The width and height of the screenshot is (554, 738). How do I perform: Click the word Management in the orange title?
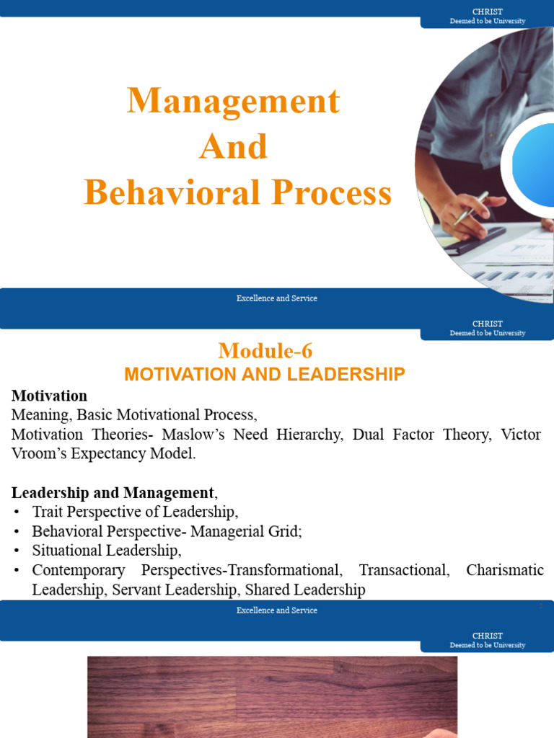(x=233, y=101)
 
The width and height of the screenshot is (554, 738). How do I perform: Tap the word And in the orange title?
(x=233, y=147)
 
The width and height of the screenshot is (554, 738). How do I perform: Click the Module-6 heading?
(x=265, y=351)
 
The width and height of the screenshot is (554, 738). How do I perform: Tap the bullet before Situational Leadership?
(x=16, y=551)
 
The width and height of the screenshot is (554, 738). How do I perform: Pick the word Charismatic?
(x=505, y=570)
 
